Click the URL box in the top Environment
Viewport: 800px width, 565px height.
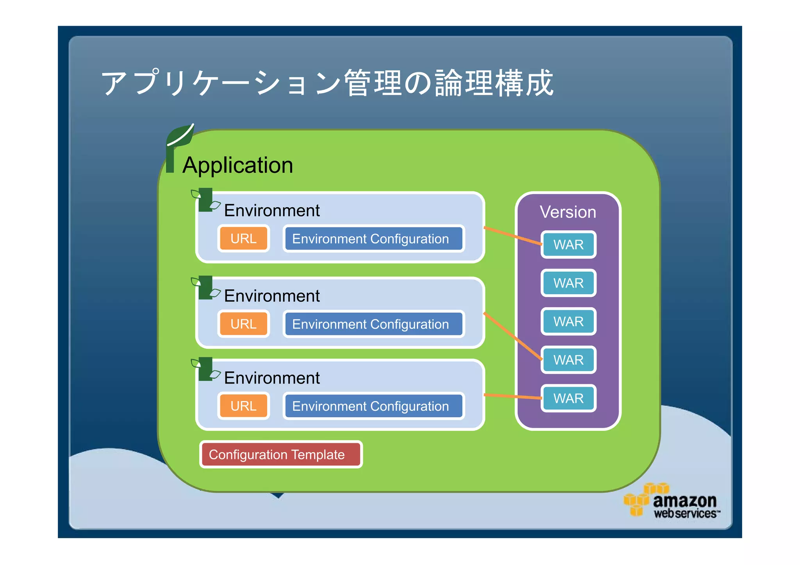243,238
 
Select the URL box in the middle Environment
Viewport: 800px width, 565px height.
243,324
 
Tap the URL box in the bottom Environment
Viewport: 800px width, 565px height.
243,406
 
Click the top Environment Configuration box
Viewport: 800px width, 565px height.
373,238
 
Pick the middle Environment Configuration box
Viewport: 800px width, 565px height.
373,324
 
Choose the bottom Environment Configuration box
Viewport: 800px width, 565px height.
373,406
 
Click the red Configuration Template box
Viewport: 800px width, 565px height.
280,454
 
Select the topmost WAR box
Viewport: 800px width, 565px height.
568,245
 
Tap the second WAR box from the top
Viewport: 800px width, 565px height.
568,283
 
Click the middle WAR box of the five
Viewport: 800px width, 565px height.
568,322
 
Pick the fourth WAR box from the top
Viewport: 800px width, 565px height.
568,360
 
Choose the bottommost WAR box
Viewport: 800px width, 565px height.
568,398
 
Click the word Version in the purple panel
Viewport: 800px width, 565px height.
568,212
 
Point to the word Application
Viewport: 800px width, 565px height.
237,165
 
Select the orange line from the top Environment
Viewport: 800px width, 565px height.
512,236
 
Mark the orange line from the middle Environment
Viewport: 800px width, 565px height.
512,336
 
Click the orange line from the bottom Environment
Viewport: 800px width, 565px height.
512,396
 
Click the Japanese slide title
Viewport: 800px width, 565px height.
327,83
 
